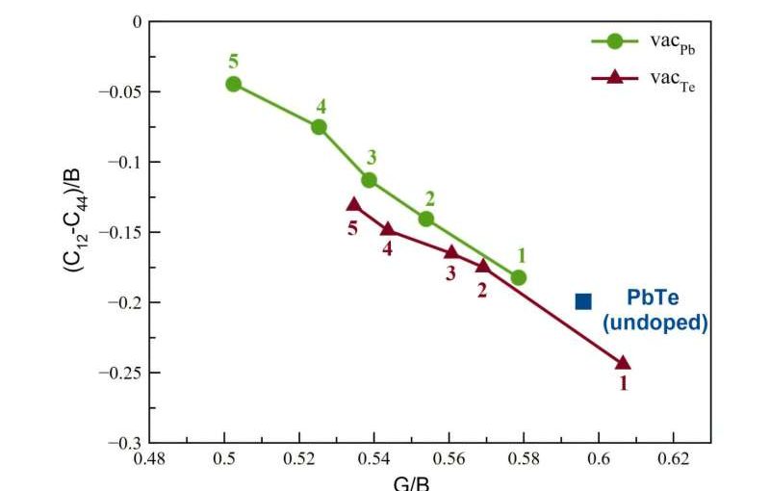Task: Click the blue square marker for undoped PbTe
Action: [583, 301]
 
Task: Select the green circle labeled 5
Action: [233, 84]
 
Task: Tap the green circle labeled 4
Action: [319, 126]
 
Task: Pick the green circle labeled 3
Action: [369, 180]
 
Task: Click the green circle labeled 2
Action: [426, 219]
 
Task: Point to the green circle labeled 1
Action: [519, 277]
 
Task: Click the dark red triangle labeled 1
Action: [622, 363]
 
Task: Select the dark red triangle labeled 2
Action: [483, 266]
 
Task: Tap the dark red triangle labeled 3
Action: [451, 252]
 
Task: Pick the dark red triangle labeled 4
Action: [388, 229]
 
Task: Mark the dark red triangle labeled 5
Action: [354, 205]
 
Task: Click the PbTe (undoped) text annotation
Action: [654, 311]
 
